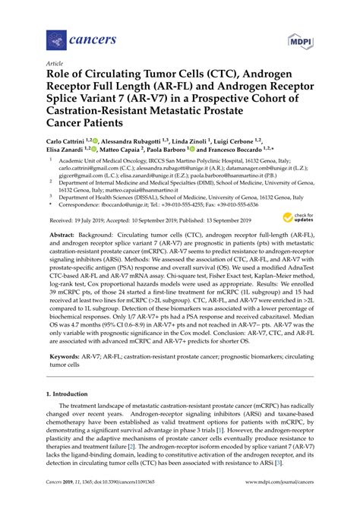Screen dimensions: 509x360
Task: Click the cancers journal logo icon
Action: tap(54, 37)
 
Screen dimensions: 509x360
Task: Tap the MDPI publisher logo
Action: tap(299, 37)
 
